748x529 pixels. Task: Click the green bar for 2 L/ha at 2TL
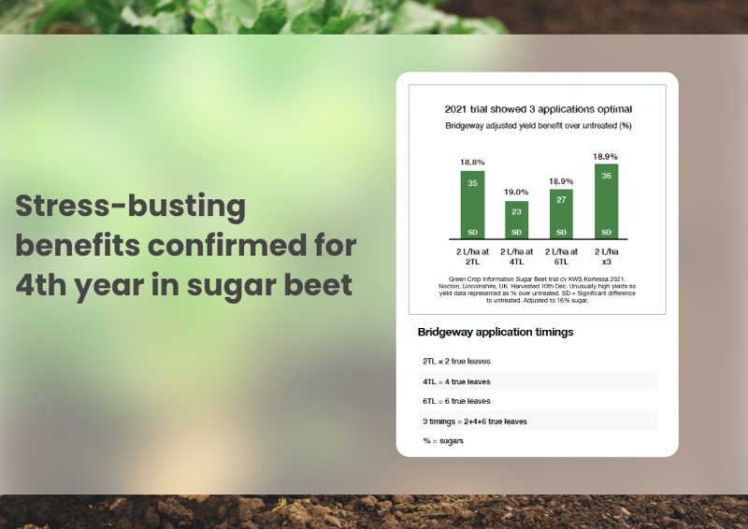tap(472, 205)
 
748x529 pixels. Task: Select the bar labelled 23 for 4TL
tap(517, 220)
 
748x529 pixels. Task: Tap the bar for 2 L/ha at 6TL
tap(561, 214)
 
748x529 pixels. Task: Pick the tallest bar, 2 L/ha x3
tap(606, 201)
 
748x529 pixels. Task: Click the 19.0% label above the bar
tap(516, 192)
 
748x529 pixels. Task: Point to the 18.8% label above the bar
tap(472, 163)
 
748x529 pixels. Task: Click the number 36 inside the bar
tap(606, 176)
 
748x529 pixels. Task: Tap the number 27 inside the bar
tap(561, 200)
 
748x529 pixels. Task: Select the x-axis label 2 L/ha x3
tap(606, 257)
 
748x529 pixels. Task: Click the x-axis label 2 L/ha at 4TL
tap(517, 257)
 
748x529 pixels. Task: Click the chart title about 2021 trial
tap(539, 109)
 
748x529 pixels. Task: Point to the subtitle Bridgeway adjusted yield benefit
tap(539, 126)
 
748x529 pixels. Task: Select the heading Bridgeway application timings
tap(496, 332)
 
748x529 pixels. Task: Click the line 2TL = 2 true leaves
tap(456, 361)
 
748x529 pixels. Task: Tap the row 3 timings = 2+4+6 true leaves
tap(475, 422)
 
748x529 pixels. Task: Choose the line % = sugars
tap(442, 441)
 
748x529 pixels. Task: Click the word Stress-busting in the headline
tap(130, 207)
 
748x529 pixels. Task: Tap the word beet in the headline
tap(318, 285)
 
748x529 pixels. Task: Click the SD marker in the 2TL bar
tap(472, 233)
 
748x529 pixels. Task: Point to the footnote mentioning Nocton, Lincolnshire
tap(537, 290)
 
